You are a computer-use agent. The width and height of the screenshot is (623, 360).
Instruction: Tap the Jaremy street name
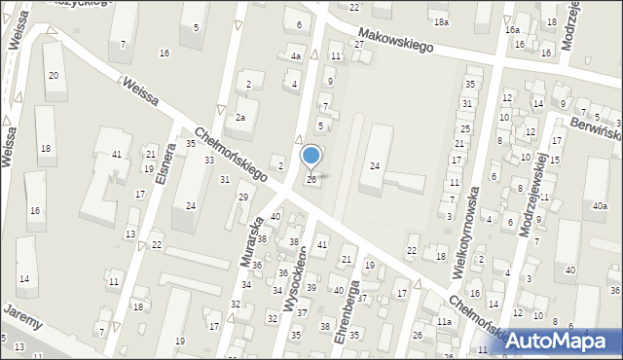[x=21, y=315]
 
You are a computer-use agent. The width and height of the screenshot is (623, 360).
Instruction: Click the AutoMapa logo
[x=560, y=341]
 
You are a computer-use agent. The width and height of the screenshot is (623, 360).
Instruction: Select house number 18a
[x=442, y=21]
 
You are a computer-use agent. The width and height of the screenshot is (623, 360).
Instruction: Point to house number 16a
[x=512, y=30]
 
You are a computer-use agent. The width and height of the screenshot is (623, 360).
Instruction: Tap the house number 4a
[x=296, y=57]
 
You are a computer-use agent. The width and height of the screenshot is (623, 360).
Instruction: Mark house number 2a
[x=239, y=118]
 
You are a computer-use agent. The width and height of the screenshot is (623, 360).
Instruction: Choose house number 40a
[x=598, y=205]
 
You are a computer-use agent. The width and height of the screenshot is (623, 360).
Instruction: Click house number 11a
[x=444, y=321]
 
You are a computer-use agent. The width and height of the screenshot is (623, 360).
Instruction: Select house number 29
[x=243, y=197]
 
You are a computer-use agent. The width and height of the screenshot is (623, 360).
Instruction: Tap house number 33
[x=208, y=160]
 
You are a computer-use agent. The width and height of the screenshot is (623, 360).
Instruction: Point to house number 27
[x=358, y=45]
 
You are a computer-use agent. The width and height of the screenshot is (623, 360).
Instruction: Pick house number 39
[x=311, y=287]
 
